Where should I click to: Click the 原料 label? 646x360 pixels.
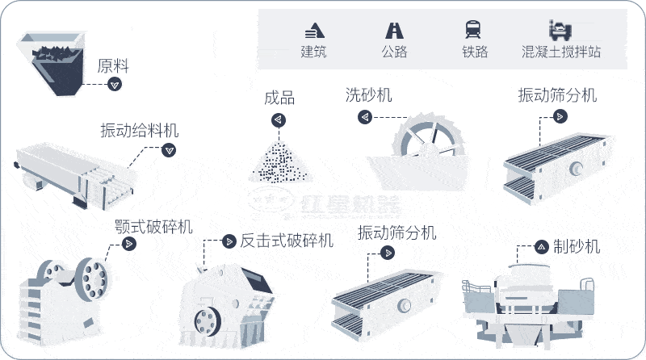coord(113,65)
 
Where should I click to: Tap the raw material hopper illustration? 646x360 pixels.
coord(52,61)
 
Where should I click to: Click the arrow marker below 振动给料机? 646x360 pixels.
coord(169,149)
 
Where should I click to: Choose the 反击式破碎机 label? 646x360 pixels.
coord(287,241)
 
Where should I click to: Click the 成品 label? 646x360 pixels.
coord(279,98)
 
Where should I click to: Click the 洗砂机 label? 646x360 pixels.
coord(368,94)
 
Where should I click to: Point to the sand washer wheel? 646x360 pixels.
coord(425,144)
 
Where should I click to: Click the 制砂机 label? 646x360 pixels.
coord(577,245)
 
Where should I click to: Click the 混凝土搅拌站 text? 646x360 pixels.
coord(561,52)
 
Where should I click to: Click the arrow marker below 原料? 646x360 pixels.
coord(115,84)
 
